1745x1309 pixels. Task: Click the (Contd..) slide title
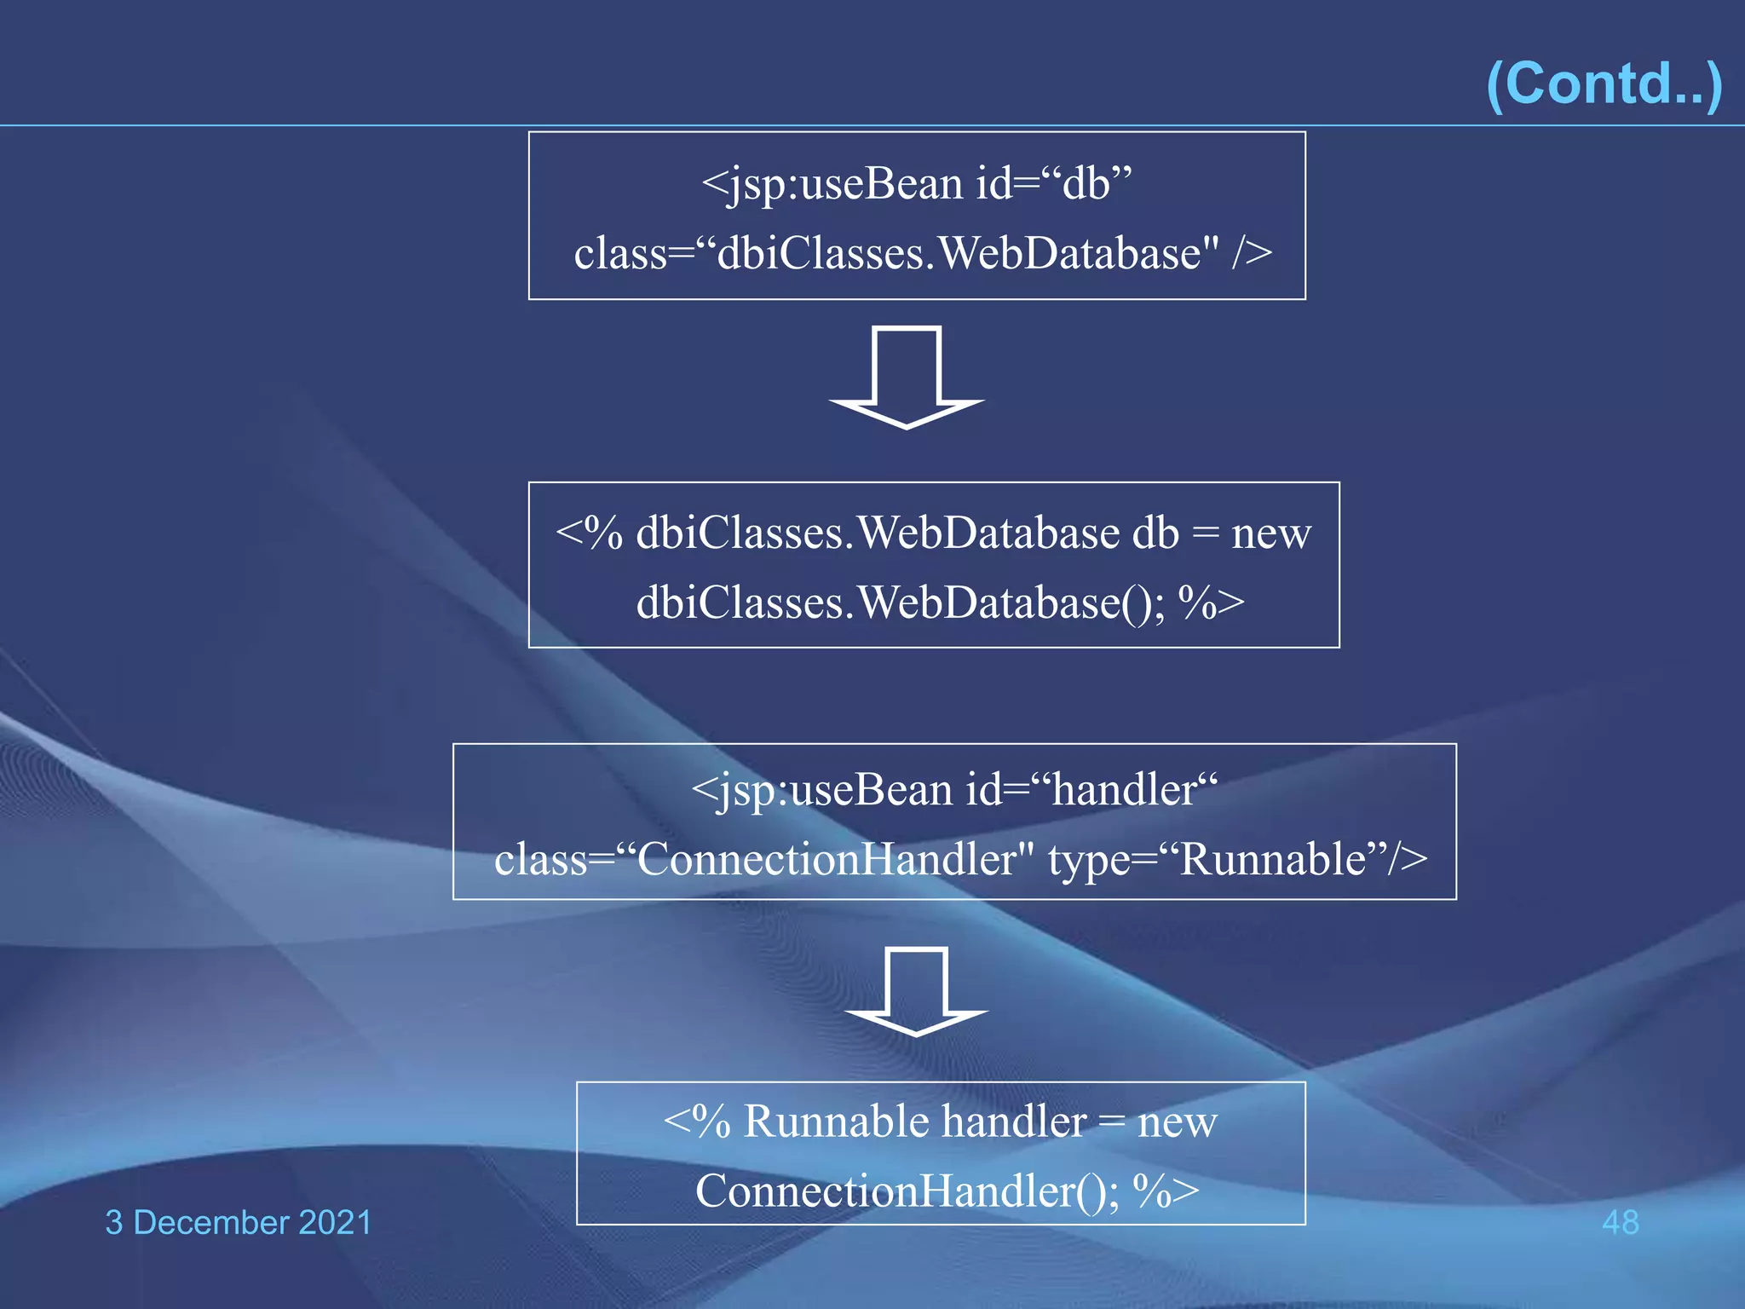pos(1604,84)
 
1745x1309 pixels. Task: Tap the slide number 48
pos(1620,1222)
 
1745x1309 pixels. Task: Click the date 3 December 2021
pos(239,1222)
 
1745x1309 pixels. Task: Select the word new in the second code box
pos(1270,533)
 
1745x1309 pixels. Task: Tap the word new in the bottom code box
pos(1177,1122)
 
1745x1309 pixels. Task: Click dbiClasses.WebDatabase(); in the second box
pos(900,603)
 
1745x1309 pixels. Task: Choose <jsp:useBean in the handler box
pos(821,790)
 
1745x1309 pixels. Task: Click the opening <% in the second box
pos(589,533)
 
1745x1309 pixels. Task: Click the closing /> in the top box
pos(1252,253)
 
